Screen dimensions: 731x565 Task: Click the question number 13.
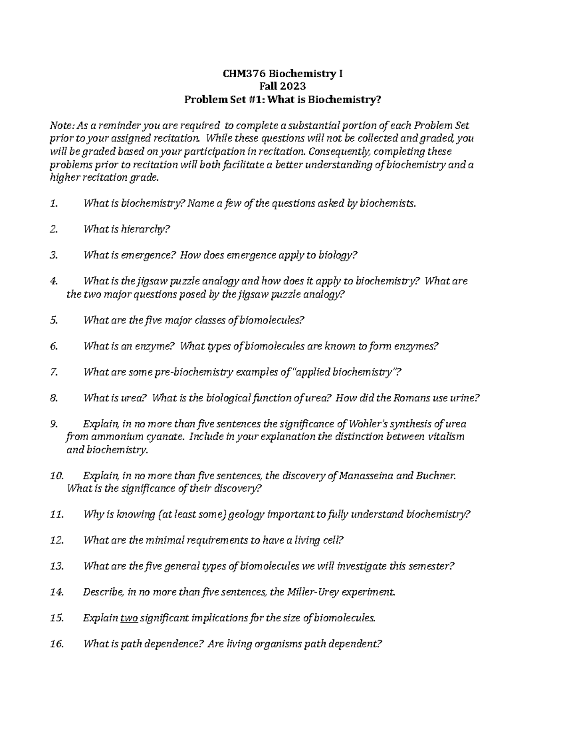(x=56, y=566)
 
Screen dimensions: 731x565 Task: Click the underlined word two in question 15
(x=129, y=618)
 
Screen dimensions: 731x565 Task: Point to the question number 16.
(x=56, y=644)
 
